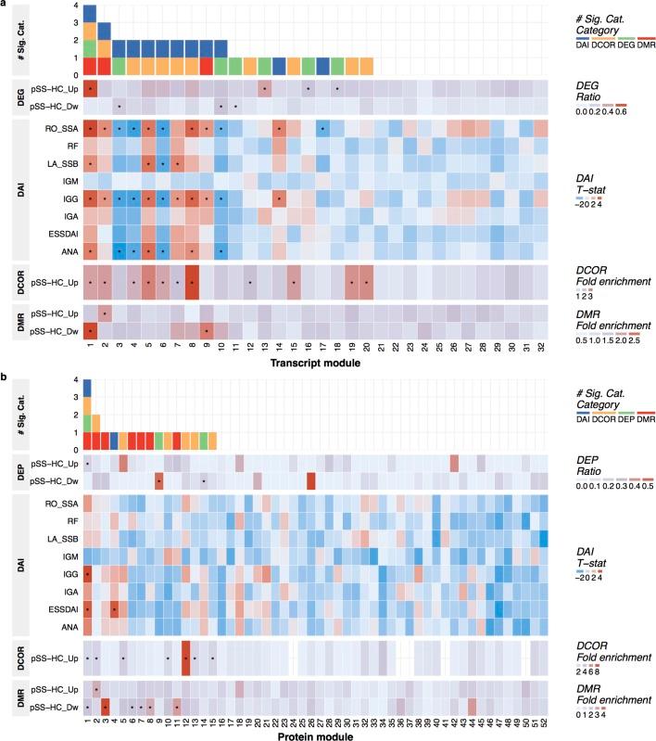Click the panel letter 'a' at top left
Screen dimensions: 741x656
click(x=4, y=5)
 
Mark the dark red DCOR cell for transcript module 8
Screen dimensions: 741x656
click(x=192, y=282)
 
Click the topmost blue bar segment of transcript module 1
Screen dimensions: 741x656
click(x=90, y=13)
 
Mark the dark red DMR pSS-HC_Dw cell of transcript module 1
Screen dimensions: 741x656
click(x=90, y=330)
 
